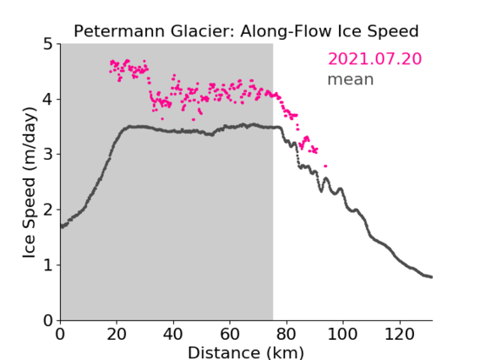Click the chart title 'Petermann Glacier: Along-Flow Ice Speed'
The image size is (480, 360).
[246, 31]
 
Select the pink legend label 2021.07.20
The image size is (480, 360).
[374, 59]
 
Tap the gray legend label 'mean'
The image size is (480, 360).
[351, 79]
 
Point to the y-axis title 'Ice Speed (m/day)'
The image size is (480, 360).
[30, 183]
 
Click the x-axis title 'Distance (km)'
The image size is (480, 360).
[246, 353]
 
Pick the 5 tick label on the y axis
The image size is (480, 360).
[48, 44]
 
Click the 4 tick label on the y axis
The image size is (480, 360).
[48, 100]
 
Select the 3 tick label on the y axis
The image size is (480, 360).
[48, 155]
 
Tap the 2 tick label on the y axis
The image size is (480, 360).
[48, 210]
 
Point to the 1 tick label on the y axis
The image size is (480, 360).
[48, 265]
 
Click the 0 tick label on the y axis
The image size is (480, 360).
[48, 320]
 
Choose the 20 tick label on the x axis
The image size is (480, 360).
[117, 334]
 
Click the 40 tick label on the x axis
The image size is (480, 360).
[173, 334]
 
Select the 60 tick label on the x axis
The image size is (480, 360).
[230, 334]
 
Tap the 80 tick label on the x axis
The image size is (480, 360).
[286, 334]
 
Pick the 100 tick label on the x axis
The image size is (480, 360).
[343, 334]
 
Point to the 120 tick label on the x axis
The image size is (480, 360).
[400, 334]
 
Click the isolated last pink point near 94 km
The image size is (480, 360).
[325, 166]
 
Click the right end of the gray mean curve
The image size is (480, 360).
[431, 277]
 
